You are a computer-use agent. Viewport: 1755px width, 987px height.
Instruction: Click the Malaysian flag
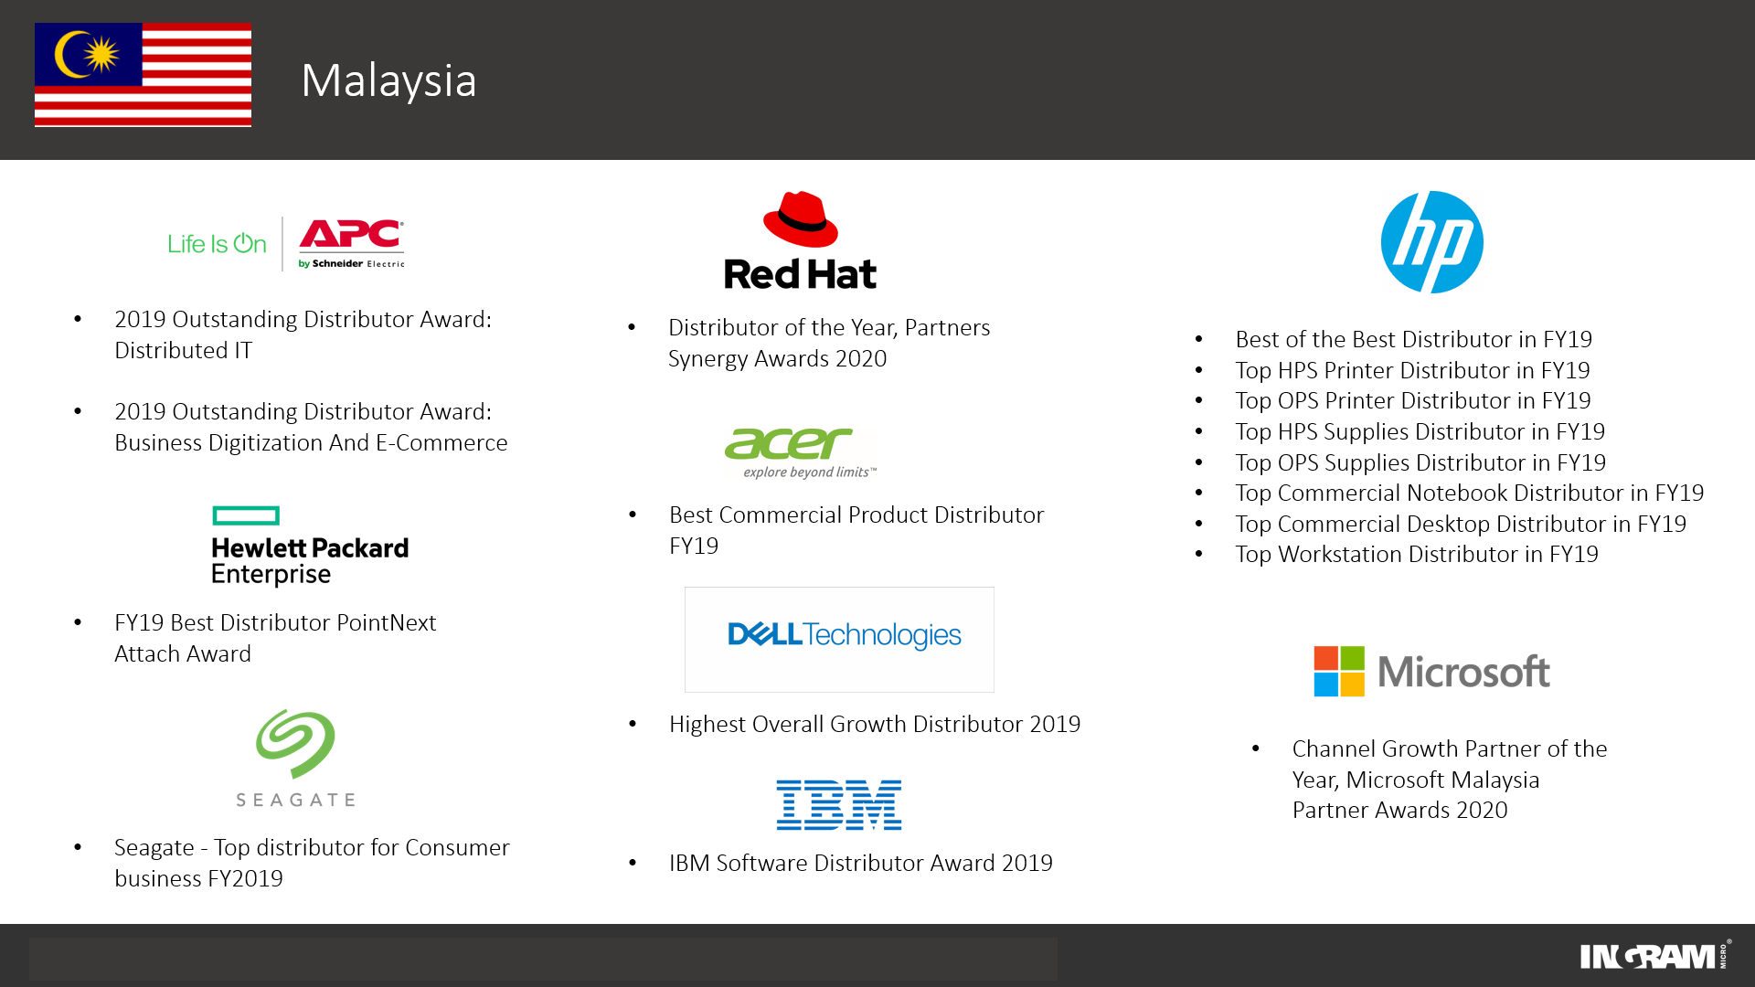143,75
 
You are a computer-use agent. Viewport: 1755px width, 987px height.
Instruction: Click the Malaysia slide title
388,80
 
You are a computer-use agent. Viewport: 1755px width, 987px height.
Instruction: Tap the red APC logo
351,236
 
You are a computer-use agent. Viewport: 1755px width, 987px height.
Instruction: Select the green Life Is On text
217,244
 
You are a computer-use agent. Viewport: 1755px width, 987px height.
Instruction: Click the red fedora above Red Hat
800,219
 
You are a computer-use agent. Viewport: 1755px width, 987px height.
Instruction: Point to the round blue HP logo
1431,242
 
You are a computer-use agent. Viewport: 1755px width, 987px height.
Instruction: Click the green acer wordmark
788,444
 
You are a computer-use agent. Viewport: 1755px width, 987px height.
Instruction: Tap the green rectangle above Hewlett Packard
246,515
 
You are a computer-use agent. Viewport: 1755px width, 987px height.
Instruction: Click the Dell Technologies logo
844,635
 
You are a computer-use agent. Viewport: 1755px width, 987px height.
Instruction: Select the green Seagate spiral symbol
295,744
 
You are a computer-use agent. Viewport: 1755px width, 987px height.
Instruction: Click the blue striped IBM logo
839,805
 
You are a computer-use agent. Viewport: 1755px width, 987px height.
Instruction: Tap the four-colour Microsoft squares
1339,672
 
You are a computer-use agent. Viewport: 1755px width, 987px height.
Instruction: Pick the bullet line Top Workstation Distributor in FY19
1416,555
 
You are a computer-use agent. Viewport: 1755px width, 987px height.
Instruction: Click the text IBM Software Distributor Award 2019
860,864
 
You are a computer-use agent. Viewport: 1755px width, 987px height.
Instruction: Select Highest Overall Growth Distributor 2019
874,725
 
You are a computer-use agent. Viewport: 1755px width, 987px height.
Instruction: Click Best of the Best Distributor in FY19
1413,340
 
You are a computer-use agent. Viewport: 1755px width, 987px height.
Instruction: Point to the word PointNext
386,623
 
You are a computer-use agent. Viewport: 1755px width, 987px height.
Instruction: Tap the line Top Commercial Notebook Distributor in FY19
1469,493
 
